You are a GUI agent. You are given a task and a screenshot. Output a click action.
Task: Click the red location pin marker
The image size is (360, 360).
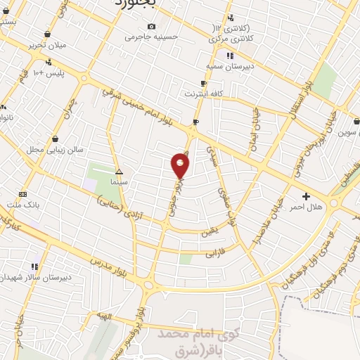pyautogui.click(x=181, y=165)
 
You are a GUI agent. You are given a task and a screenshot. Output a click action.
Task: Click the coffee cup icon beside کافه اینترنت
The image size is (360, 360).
pyautogui.click(x=203, y=83)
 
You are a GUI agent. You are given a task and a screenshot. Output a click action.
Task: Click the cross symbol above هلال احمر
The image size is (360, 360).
pyautogui.click(x=305, y=196)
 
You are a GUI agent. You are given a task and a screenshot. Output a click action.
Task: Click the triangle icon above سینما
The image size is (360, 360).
pyautogui.click(x=119, y=172)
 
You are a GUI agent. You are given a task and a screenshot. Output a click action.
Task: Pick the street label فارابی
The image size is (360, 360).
pyautogui.click(x=217, y=253)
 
